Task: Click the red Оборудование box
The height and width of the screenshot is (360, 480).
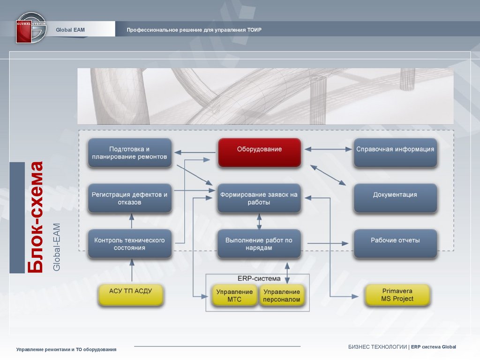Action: pos(259,152)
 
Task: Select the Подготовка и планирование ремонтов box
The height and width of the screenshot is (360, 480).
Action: pos(129,152)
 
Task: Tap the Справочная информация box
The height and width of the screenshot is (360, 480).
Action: pos(395,152)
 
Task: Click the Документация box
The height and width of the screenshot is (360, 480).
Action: pos(395,197)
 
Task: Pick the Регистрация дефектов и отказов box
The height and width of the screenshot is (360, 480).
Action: pos(129,198)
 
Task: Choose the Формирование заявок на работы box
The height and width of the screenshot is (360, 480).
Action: pos(259,198)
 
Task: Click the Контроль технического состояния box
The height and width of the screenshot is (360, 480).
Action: pos(129,243)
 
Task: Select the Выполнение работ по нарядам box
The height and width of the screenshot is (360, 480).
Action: pos(259,243)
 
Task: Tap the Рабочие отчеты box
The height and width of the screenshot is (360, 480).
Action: pos(395,243)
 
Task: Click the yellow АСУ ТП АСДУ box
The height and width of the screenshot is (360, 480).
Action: pos(131,294)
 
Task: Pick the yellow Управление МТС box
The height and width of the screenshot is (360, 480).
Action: pos(234,295)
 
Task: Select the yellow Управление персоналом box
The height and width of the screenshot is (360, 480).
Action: pos(281,295)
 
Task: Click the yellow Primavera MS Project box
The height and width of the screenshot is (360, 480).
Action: pos(397,295)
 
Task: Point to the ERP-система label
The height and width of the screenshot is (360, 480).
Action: pos(259,278)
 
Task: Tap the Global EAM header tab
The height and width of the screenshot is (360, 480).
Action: pos(70,30)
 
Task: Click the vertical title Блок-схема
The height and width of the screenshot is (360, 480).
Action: pos(35,217)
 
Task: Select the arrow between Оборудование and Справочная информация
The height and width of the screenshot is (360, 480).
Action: pos(328,150)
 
